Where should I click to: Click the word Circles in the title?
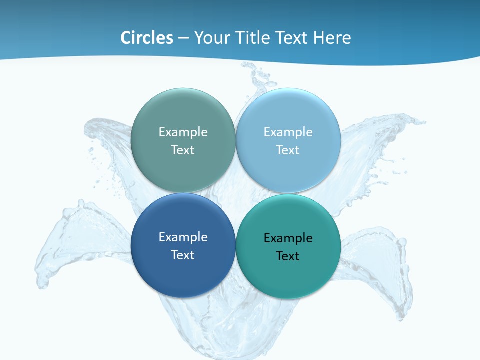tap(147, 38)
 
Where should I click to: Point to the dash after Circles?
tap(183, 38)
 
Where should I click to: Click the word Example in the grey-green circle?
tap(183, 132)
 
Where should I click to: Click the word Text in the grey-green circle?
tap(183, 150)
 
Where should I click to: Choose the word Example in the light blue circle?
tap(288, 132)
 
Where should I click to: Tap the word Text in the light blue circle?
tap(288, 150)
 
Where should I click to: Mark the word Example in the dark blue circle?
tap(183, 237)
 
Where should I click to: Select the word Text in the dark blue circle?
tap(183, 255)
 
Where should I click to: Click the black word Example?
tap(288, 238)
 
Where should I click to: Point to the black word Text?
tap(288, 256)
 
